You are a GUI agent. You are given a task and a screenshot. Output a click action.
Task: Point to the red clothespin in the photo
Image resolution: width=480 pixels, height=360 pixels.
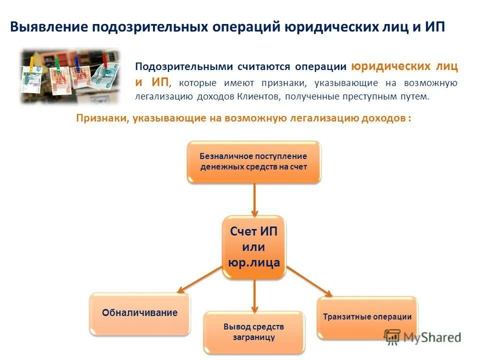[104, 61]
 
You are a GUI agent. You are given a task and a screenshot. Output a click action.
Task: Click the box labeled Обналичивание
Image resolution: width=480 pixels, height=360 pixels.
[140, 313]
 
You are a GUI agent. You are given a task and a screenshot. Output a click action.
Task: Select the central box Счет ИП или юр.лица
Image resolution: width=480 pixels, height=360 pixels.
[254, 247]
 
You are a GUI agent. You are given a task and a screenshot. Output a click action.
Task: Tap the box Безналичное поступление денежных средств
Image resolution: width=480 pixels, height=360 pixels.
[254, 161]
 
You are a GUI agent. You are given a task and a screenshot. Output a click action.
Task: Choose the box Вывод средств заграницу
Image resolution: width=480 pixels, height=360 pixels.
[254, 332]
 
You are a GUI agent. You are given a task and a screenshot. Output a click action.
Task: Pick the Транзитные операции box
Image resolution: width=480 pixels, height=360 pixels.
[367, 317]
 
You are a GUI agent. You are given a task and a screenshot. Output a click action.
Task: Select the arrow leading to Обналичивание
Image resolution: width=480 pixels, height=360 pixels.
[199, 279]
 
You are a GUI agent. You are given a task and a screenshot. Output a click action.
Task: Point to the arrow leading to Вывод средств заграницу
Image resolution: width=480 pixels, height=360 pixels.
[254, 295]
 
